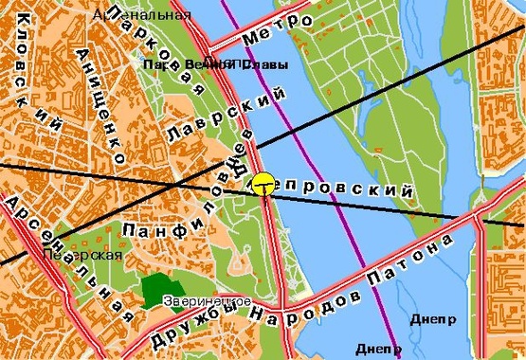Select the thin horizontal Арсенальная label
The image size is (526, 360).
[x=141, y=14]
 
